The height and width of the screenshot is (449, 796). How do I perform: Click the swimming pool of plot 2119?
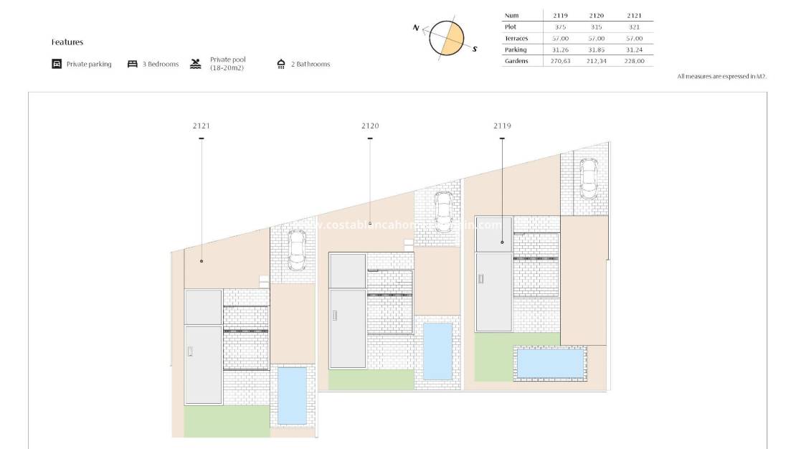550,363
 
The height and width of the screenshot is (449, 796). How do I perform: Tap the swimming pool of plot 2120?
437,351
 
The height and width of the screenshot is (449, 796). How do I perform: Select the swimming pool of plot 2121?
292,395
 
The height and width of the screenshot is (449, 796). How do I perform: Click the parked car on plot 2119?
588,178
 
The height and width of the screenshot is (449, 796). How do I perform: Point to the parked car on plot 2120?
443,209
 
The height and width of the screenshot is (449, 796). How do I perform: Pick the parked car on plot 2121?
296,250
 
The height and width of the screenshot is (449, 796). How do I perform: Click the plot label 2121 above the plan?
202,126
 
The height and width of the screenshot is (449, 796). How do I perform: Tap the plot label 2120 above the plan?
370,126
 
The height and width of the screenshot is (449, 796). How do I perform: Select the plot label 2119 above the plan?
502,126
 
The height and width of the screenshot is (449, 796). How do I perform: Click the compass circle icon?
447,38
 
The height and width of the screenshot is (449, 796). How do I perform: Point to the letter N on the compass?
416,27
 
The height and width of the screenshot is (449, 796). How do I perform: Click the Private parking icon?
57,64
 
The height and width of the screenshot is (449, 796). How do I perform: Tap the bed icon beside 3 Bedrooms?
133,64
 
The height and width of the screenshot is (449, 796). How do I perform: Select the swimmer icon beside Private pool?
196,64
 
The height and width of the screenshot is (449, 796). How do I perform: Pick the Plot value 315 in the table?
595,27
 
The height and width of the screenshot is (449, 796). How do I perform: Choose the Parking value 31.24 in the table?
634,49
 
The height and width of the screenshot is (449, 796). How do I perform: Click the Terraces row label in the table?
516,38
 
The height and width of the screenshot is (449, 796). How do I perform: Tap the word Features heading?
67,42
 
